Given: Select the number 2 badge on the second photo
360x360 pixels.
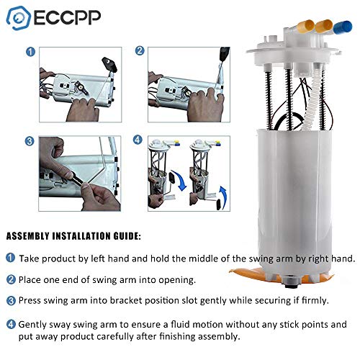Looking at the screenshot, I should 139,52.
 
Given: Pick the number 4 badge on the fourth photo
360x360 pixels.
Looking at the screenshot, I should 139,141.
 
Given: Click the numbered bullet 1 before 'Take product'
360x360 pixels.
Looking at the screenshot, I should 11,258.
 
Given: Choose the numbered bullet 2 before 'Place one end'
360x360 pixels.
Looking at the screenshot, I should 11,278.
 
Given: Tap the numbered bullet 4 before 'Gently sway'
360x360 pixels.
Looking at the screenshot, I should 11,324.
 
